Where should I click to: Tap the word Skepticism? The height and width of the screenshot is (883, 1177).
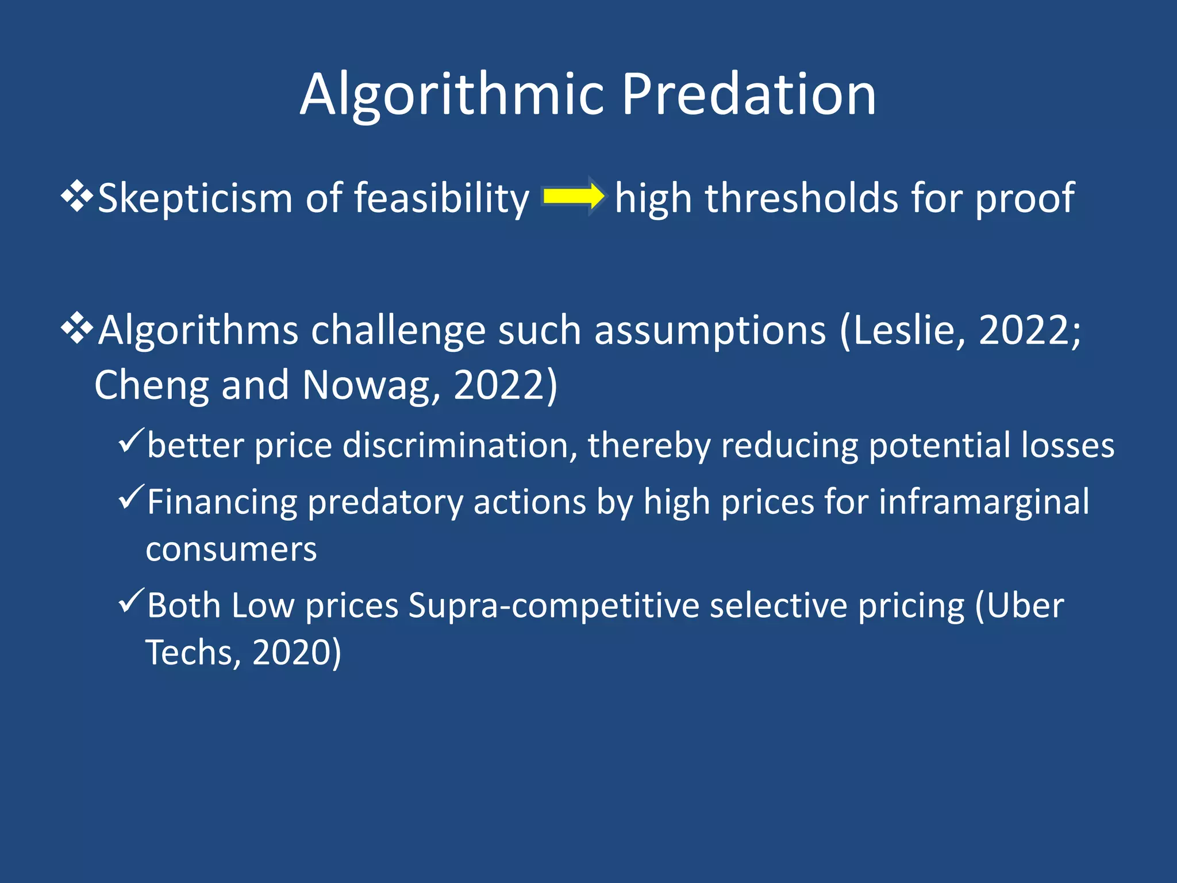pyautogui.click(x=195, y=198)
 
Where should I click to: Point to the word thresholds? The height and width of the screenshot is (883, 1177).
pyautogui.click(x=801, y=198)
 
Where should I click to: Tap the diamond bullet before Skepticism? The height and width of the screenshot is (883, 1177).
pyautogui.click(x=77, y=197)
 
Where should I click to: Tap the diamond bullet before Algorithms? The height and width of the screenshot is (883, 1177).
pyautogui.click(x=77, y=329)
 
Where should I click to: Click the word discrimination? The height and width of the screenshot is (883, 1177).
pyautogui.click(x=460, y=446)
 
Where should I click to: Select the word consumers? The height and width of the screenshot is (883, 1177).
pyautogui.click(x=231, y=549)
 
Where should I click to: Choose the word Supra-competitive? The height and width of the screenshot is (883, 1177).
pyautogui.click(x=553, y=606)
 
